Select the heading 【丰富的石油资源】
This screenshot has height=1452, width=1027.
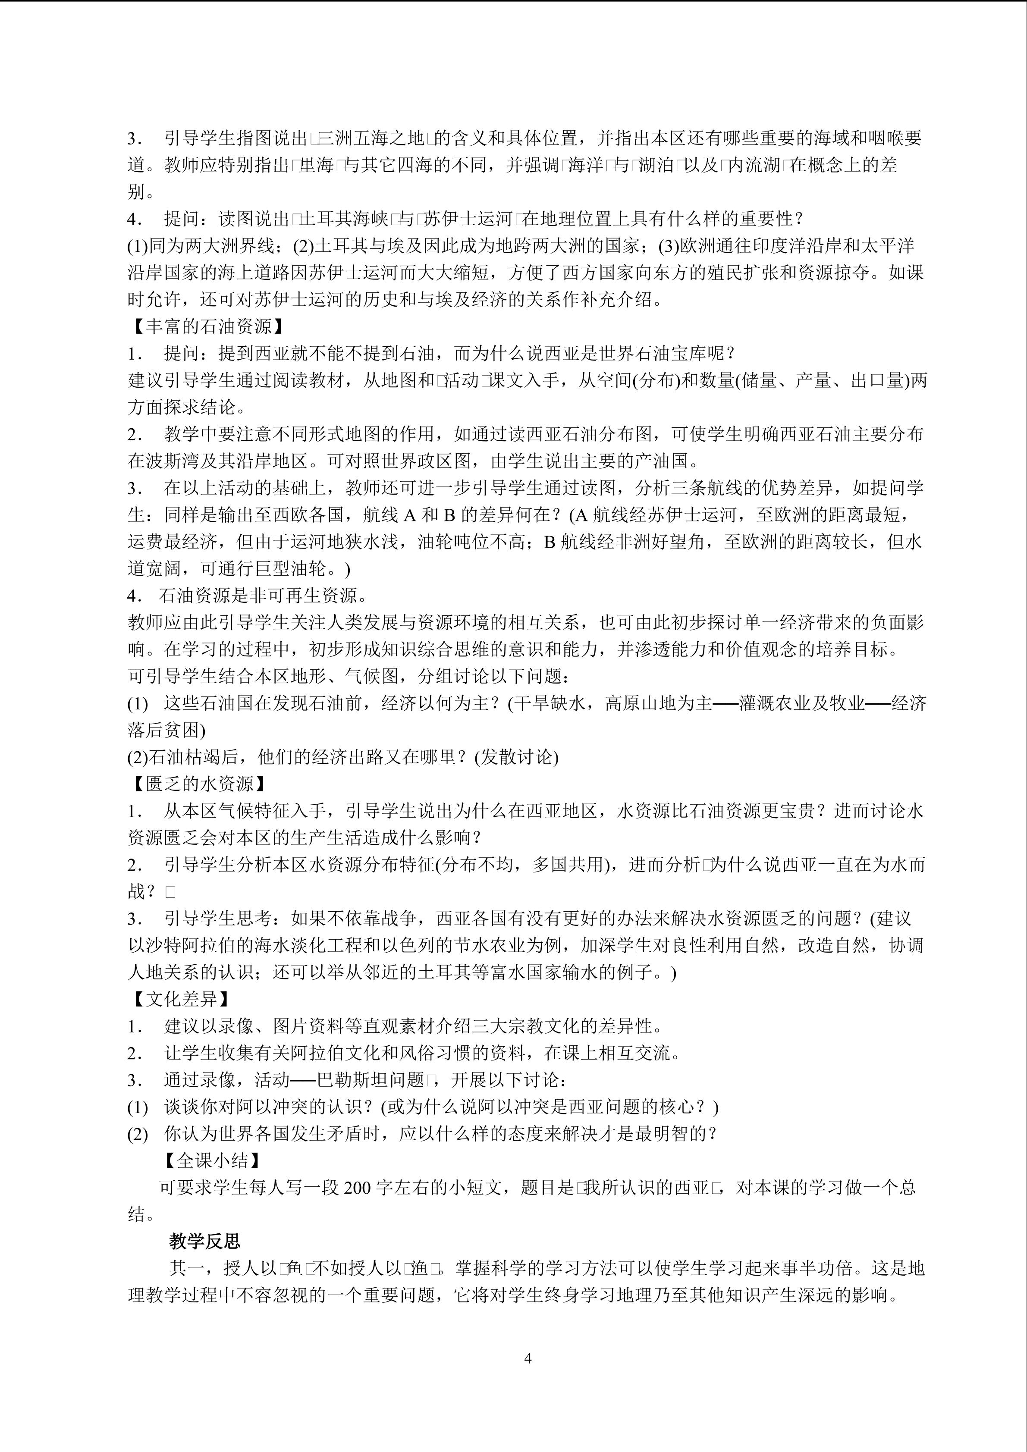pyautogui.click(x=205, y=326)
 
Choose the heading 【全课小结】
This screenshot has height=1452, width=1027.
pyautogui.click(x=211, y=1160)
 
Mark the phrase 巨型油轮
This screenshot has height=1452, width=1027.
pyautogui.click(x=290, y=568)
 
